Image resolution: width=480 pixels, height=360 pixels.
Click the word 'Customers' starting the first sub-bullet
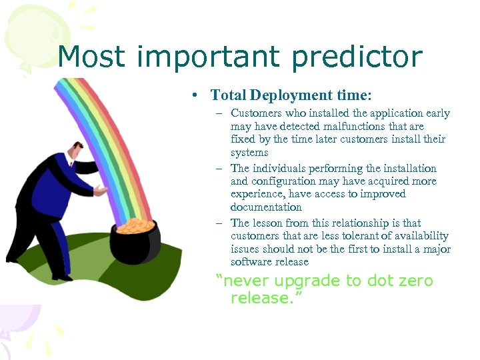coord(257,113)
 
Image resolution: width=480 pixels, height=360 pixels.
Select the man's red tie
coord(70,165)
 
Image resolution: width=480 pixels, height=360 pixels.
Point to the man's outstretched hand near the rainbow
coord(99,191)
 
